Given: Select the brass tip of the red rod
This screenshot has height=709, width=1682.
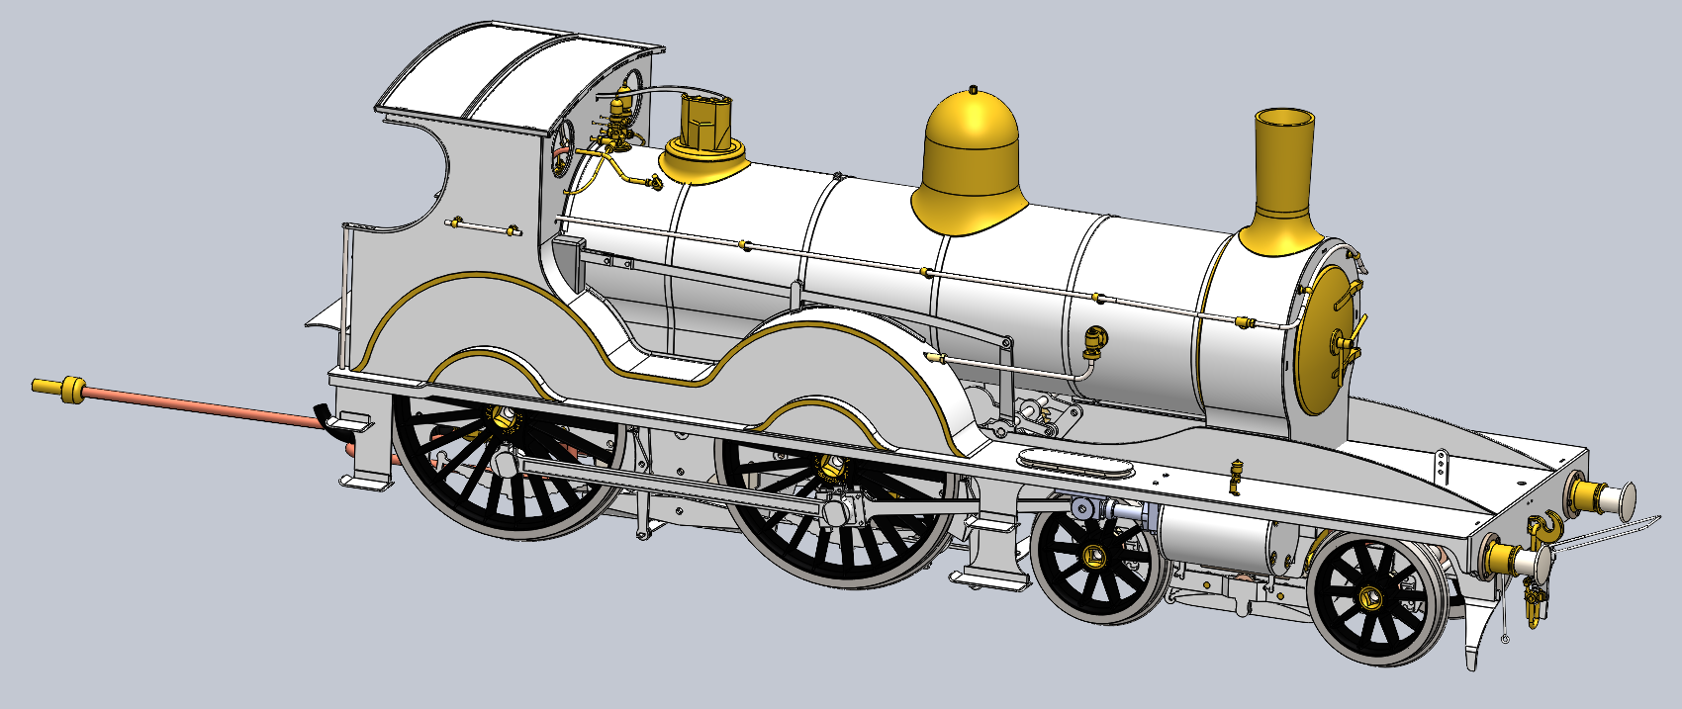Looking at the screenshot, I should coord(59,389).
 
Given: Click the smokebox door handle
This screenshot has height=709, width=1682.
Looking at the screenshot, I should coord(1348,343).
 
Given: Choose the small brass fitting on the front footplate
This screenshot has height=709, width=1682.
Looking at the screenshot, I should coord(1235,475).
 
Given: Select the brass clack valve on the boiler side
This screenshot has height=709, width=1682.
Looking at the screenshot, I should coord(1095,342).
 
